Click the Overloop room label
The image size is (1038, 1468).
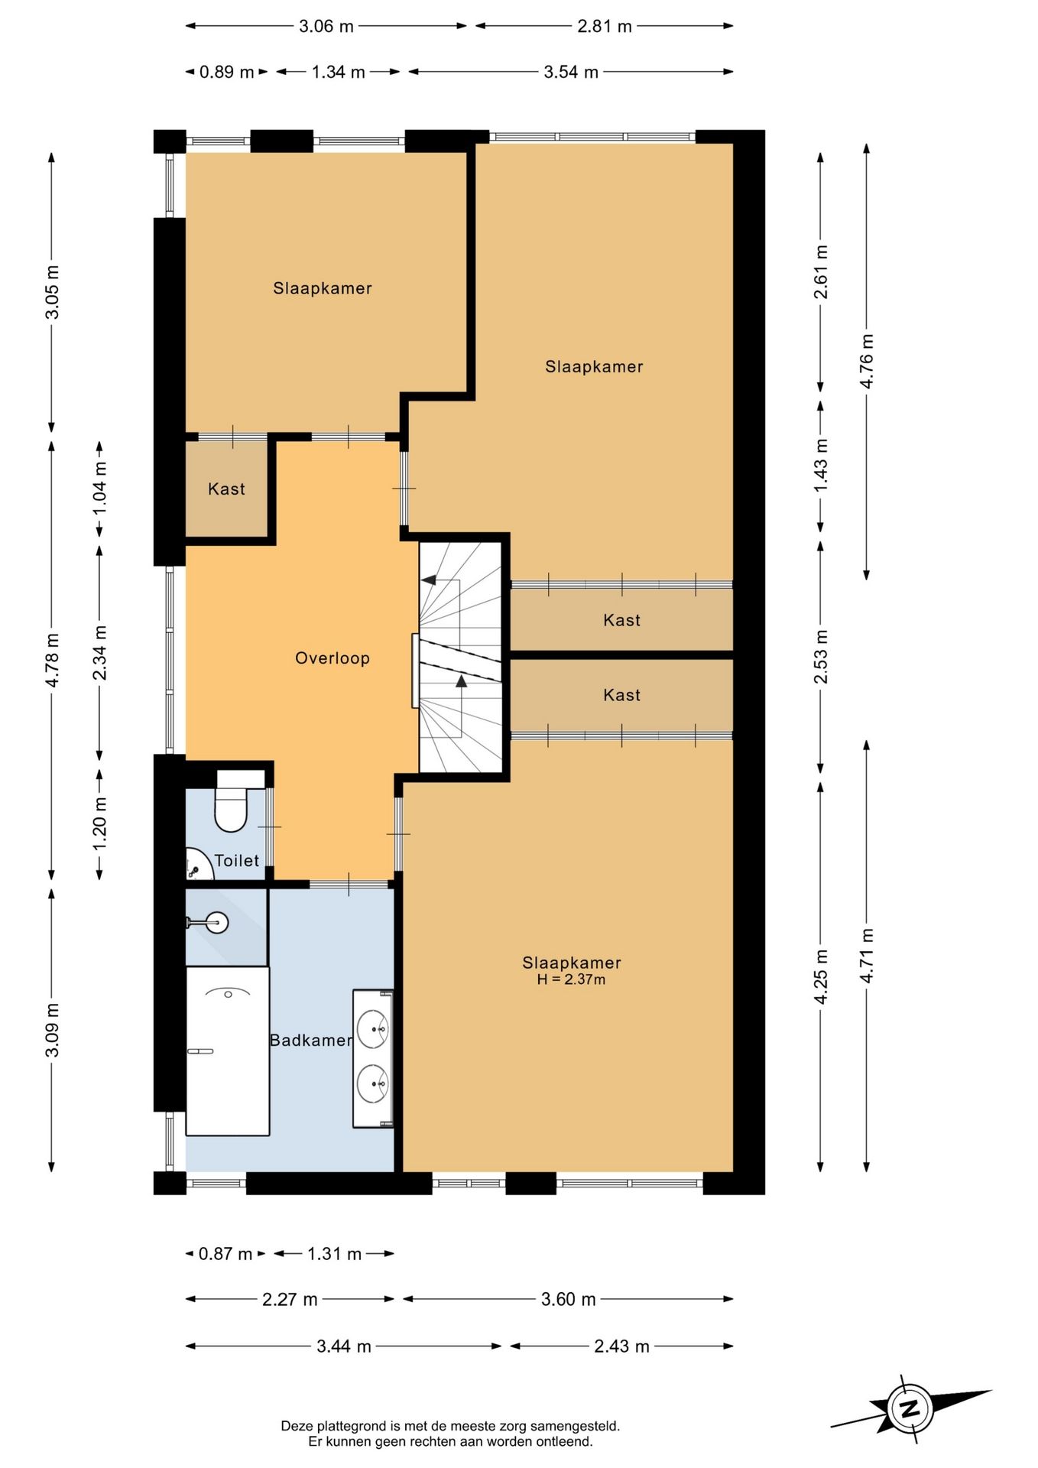332,658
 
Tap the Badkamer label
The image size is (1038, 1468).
310,1041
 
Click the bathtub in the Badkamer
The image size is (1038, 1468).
228,1051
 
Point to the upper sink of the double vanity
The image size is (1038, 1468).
373,1028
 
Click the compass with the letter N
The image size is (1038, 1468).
910,1408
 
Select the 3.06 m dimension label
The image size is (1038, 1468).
326,26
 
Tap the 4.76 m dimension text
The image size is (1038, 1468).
867,361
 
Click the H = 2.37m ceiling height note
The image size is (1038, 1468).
571,979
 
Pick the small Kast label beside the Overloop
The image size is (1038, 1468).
226,489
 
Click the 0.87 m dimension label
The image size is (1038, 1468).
225,1254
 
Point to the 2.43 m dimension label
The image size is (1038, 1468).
621,1346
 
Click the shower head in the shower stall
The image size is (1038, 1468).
218,923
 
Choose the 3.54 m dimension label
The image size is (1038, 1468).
570,72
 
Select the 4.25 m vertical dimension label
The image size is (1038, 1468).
820,976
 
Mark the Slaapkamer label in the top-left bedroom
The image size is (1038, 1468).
322,288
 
